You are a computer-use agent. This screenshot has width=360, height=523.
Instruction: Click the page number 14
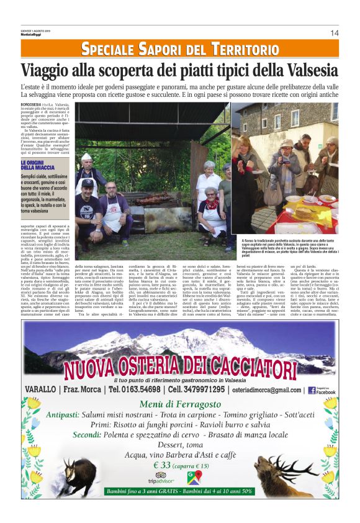tap(334, 33)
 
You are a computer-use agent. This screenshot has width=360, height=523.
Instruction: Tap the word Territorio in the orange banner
tap(244, 50)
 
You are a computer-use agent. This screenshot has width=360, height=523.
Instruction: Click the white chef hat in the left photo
tap(86, 158)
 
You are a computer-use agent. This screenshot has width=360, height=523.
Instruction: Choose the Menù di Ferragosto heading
tap(180, 404)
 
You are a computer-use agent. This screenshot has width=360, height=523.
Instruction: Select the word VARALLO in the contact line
tap(41, 389)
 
